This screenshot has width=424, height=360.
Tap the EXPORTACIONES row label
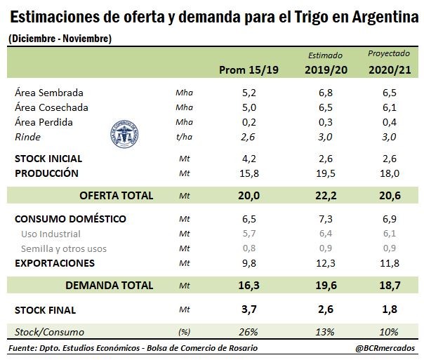pyautogui.click(x=55, y=263)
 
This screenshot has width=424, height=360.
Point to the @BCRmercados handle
pyautogui.click(x=385, y=348)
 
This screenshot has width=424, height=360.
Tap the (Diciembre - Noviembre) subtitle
pyautogui.click(x=60, y=39)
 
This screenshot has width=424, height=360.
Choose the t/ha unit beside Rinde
pyautogui.click(x=184, y=138)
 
